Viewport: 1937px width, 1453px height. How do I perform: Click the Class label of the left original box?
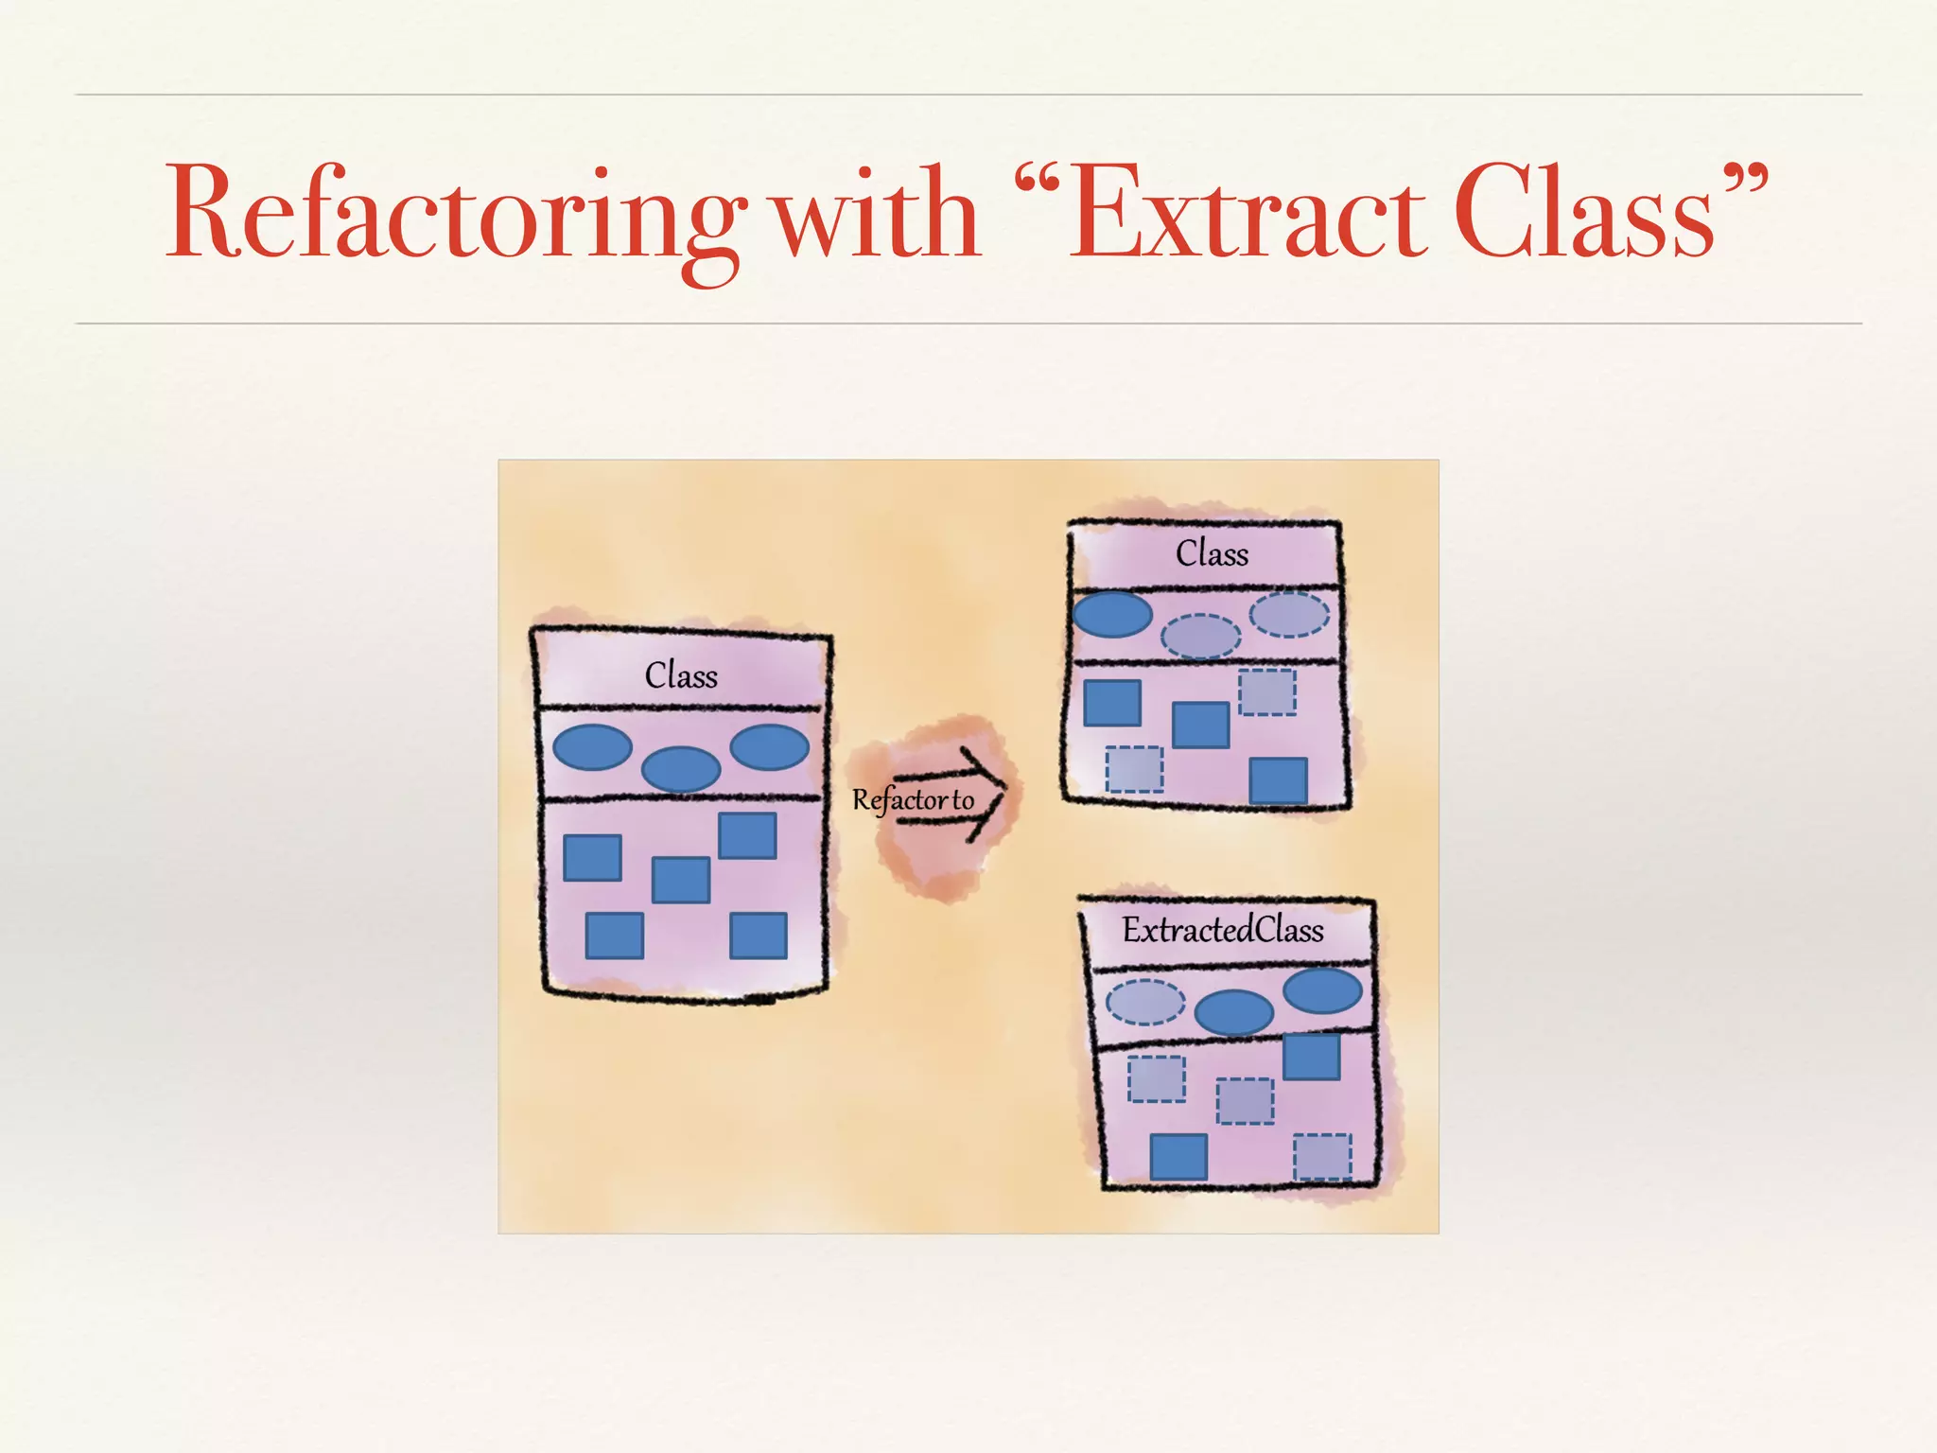point(681,675)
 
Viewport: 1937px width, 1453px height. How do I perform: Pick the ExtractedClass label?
point(1223,930)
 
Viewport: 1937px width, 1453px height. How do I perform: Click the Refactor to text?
point(913,800)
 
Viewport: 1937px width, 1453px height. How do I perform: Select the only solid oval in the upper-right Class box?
point(1112,614)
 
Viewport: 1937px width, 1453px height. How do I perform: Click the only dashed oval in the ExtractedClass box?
point(1144,1002)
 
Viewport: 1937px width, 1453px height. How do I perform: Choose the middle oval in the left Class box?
point(681,768)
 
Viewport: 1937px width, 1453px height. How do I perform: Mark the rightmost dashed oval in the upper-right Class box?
point(1289,615)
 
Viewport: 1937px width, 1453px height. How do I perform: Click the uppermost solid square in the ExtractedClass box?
point(1311,1057)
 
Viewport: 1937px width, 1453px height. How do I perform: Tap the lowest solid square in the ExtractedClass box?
point(1178,1156)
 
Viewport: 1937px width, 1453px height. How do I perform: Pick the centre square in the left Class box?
point(681,880)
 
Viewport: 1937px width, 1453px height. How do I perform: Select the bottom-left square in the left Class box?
point(615,936)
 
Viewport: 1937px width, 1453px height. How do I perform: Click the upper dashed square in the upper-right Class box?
point(1267,691)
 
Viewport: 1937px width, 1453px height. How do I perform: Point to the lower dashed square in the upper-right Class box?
point(1134,768)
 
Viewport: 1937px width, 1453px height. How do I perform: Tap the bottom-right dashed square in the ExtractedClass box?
point(1322,1156)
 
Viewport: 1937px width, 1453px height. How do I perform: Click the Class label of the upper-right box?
point(1212,553)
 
